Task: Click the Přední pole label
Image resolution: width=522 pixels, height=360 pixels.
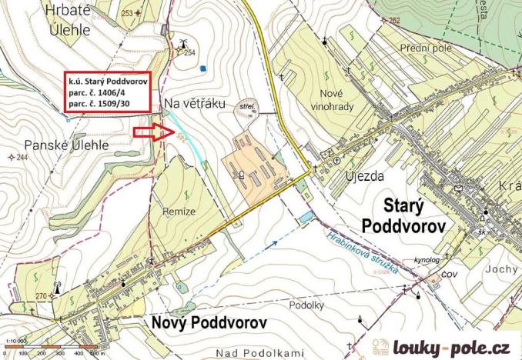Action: [427, 48]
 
